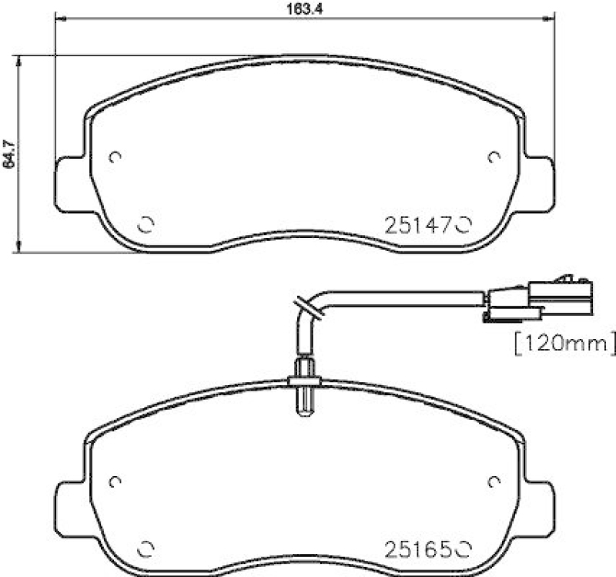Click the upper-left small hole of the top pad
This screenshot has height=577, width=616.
[x=115, y=157]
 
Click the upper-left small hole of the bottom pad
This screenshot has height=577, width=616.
[x=115, y=482]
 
